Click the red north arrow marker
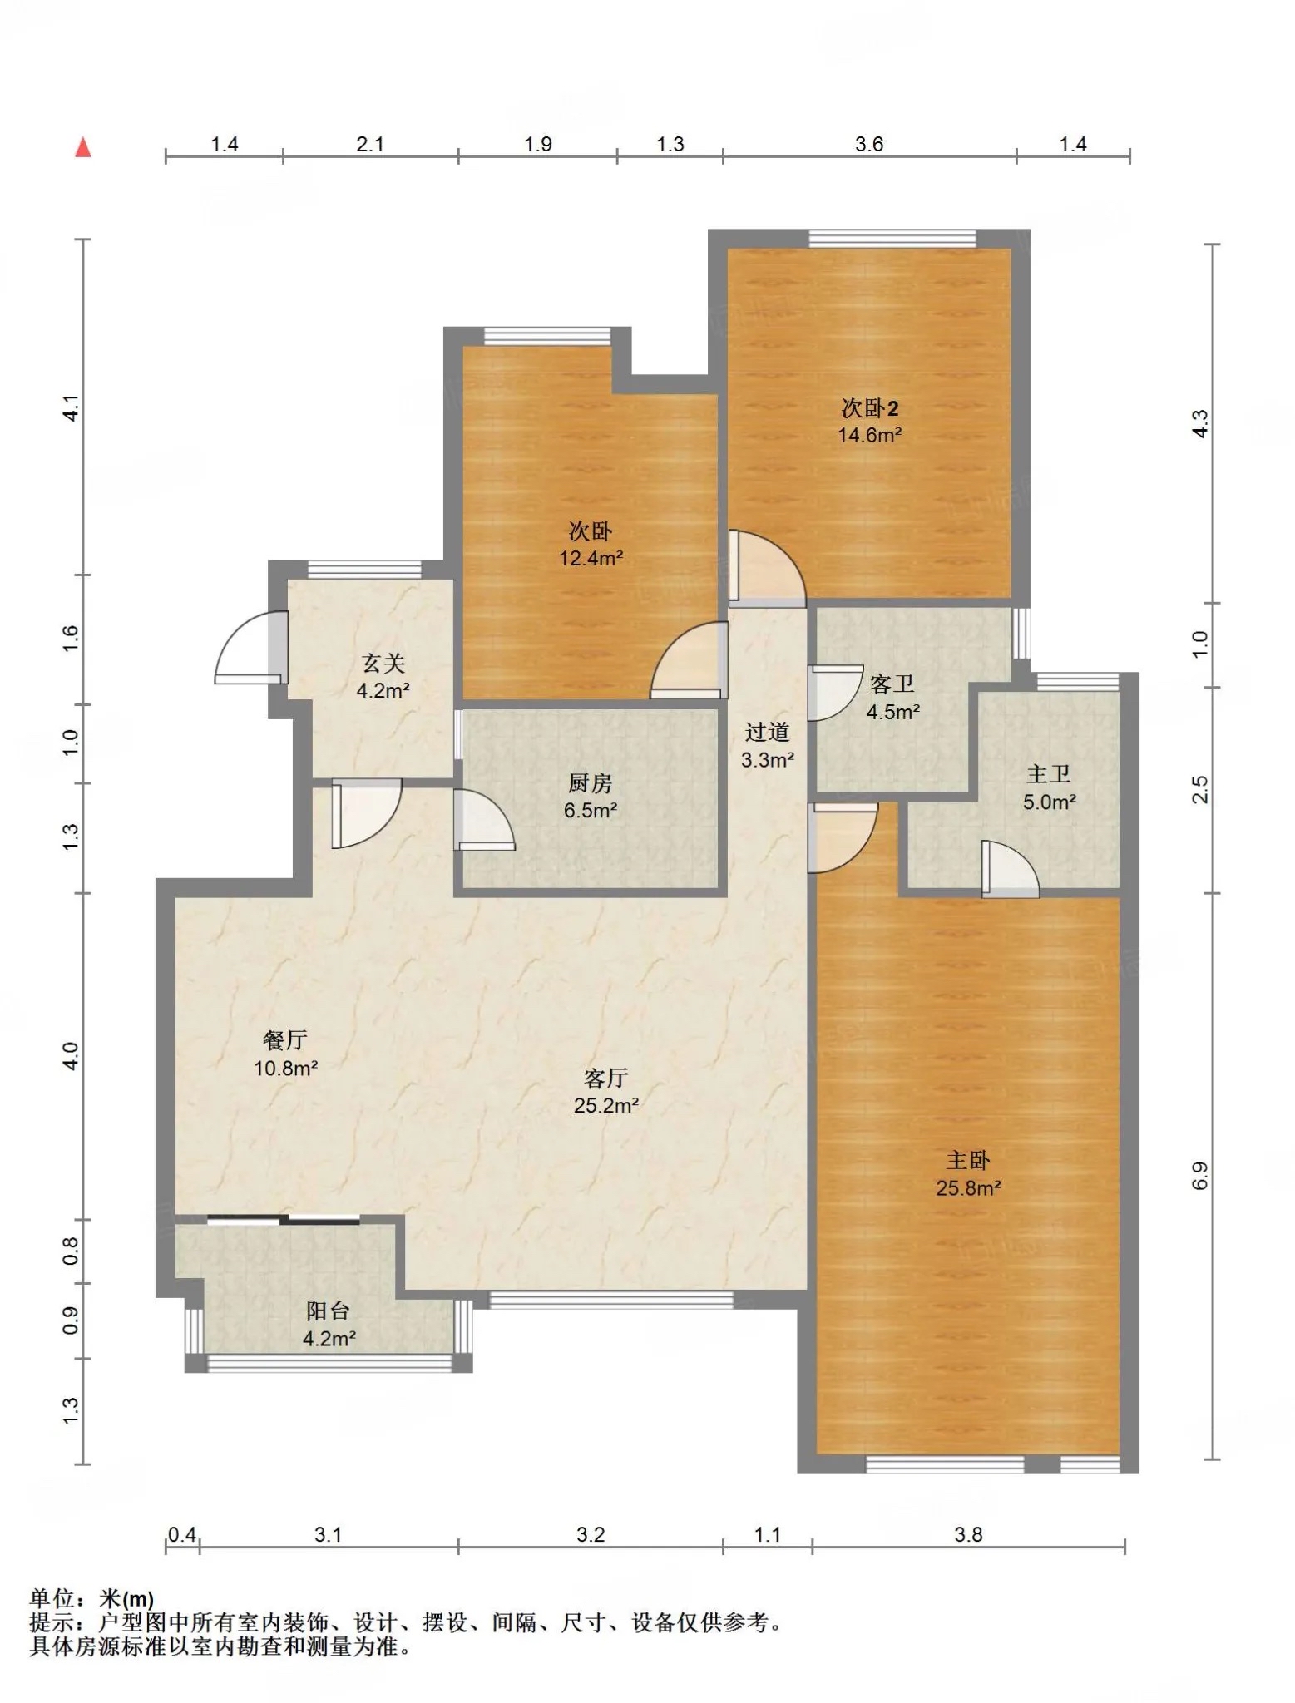coord(83,147)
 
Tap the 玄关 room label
coord(383,663)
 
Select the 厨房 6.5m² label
coord(590,796)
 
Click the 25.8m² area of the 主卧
coord(968,1188)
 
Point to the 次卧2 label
coord(870,408)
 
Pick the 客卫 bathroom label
coord(892,684)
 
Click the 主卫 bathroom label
coord(1048,774)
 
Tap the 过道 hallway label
coord(767,732)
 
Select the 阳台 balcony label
coord(328,1311)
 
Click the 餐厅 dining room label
coord(285,1039)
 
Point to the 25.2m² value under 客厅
coord(606,1106)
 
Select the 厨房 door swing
coord(484,820)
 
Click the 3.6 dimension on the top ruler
coord(869,145)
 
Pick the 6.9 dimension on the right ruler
coord(1199,1175)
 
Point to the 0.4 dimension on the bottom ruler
coord(182,1534)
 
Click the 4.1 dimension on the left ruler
coord(72,407)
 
